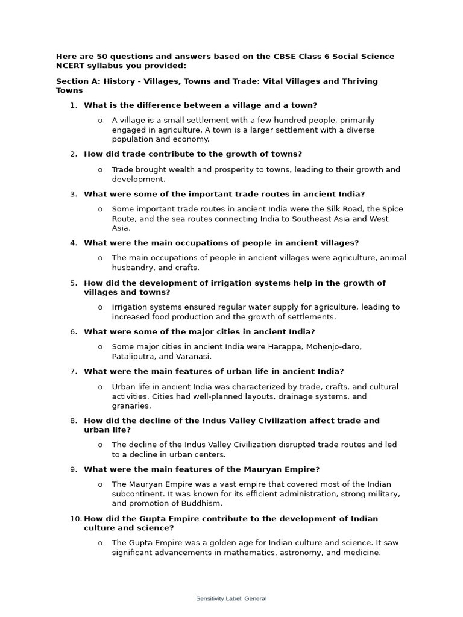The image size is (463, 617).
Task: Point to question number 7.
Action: pyautogui.click(x=74, y=371)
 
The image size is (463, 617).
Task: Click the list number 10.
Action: pyautogui.click(x=75, y=518)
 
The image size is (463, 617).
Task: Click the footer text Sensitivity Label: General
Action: pyautogui.click(x=231, y=598)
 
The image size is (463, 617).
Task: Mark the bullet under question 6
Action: pyautogui.click(x=100, y=347)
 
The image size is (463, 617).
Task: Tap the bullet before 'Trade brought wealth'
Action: pyautogui.click(x=100, y=170)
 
